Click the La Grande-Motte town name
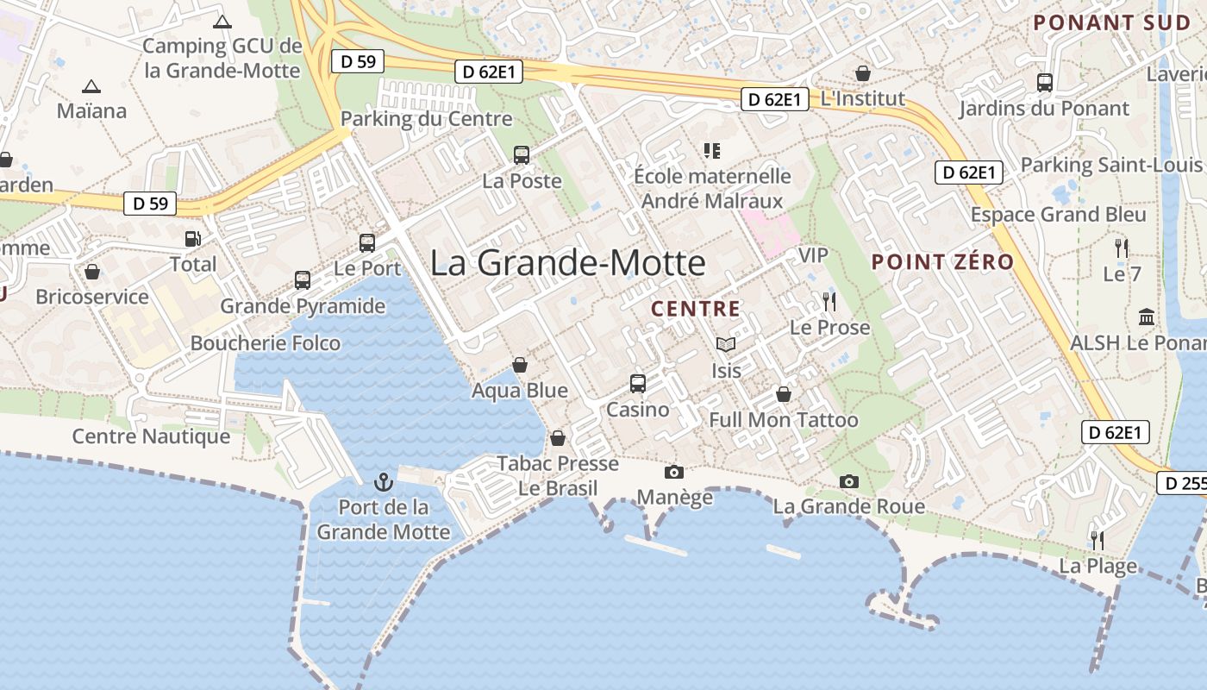tap(567, 262)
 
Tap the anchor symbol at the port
tap(384, 482)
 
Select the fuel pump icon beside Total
tap(192, 239)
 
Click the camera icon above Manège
tap(674, 472)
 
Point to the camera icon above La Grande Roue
tap(849, 481)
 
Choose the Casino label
tap(638, 409)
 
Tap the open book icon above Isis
tap(726, 345)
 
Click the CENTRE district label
tap(696, 309)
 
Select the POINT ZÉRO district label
tap(942, 262)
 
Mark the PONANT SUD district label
tap(1111, 22)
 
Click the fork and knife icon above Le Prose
tap(829, 302)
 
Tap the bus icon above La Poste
tap(522, 155)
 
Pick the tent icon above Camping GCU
tap(222, 22)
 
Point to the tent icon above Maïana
tap(91, 86)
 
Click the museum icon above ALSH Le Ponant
tap(1147, 317)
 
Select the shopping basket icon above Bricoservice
tap(92, 272)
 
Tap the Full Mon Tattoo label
tap(783, 420)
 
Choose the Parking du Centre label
tap(427, 119)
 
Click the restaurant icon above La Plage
tap(1098, 541)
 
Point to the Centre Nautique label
tap(151, 436)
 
